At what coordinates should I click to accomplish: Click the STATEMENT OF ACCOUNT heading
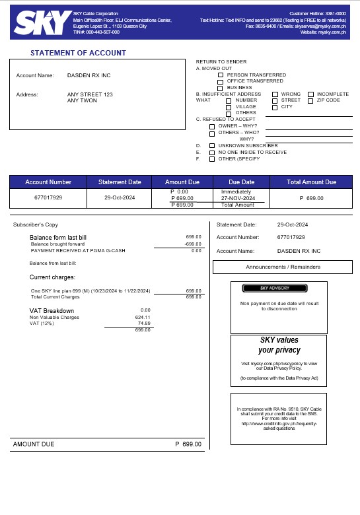(x=79, y=53)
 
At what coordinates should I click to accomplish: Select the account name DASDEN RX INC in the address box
(x=89, y=75)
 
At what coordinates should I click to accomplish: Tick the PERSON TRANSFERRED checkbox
(x=221, y=75)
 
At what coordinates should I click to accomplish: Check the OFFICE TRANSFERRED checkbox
(x=221, y=81)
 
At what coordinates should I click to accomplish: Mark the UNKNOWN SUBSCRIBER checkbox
(x=211, y=145)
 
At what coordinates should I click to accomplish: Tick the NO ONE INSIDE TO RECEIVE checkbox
(x=211, y=152)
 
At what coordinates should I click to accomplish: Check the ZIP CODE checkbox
(x=310, y=100)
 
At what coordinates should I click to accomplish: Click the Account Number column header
(x=48, y=182)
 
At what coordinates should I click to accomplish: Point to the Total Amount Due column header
(x=312, y=182)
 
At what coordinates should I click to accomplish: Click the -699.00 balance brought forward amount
(x=192, y=244)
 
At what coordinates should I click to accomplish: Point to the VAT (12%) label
(x=42, y=324)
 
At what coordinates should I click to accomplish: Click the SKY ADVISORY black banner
(x=274, y=289)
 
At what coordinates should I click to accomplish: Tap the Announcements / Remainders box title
(x=283, y=267)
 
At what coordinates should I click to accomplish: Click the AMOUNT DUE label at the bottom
(x=34, y=444)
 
